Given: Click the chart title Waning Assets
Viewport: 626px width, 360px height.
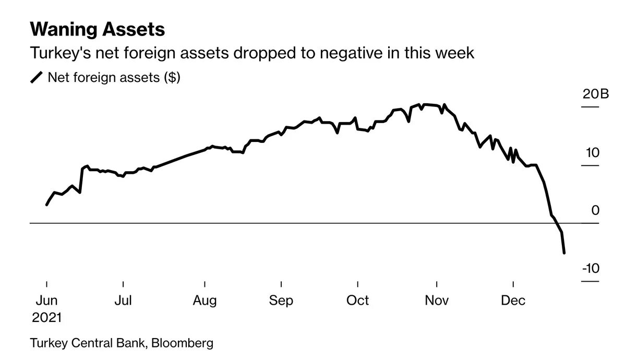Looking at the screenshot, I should point(98,29).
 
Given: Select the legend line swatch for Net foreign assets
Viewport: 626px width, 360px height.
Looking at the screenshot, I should point(37,78).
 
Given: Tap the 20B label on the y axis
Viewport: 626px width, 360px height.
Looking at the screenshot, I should point(596,94).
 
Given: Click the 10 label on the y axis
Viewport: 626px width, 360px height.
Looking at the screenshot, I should point(593,153).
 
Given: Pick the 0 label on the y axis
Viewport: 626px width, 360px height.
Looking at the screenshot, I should point(596,210).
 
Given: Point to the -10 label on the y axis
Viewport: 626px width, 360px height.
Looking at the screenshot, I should point(591,268).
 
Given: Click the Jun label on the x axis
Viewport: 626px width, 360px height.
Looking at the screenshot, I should point(47,301).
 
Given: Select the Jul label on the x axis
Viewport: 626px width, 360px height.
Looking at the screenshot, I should point(123,301).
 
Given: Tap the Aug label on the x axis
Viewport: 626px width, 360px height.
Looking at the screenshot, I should point(204,301).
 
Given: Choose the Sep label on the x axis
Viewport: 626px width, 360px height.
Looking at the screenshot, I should point(281,301).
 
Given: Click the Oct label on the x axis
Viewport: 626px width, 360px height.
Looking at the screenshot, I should point(358,301).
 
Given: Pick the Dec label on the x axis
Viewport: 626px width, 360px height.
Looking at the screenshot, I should point(513,301).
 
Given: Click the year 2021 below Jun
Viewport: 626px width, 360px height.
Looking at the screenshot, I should point(47,317).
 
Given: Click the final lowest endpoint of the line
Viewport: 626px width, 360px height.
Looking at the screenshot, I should point(564,253).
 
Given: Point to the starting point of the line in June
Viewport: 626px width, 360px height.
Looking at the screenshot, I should point(47,205).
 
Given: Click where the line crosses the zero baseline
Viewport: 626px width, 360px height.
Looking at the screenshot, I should point(556,223).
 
